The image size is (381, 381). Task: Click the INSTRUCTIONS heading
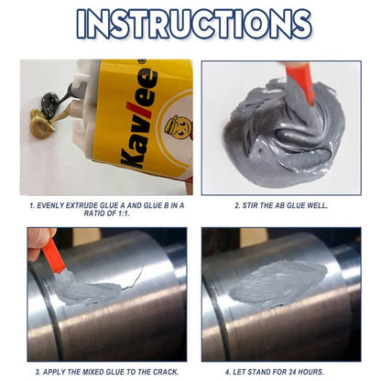[194, 24]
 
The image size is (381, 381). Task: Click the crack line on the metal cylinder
[132, 278]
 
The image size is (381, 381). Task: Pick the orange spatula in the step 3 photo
[53, 256]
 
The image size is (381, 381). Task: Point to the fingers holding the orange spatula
[39, 243]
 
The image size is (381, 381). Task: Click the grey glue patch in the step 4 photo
[278, 282]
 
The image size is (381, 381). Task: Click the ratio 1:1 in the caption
[122, 213]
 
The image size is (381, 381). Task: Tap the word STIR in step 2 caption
[249, 205]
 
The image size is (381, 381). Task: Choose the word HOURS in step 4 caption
[311, 372]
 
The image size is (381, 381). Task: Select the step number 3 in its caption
[38, 372]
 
